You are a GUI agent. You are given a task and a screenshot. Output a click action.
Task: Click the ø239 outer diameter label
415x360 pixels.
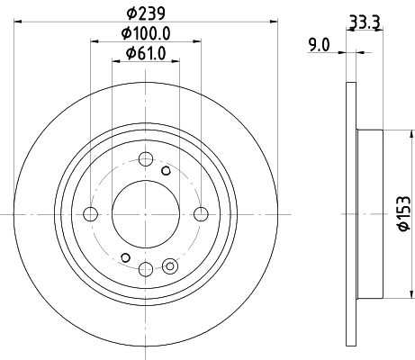tap(144, 14)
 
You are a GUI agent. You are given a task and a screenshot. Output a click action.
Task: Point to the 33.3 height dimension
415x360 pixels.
tap(363, 19)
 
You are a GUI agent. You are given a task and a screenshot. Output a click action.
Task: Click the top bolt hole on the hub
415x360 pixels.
tap(145, 160)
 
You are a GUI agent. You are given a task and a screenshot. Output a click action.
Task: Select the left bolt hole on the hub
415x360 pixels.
tap(90, 214)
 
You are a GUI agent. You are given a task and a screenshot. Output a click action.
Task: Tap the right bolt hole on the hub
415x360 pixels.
tap(200, 214)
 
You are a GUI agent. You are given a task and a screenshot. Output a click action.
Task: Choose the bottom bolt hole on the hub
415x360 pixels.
tap(145, 268)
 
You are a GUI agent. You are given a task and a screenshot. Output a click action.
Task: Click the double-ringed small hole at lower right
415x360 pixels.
tap(171, 265)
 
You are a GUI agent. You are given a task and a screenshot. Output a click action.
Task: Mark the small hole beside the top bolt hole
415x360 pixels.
tap(165, 169)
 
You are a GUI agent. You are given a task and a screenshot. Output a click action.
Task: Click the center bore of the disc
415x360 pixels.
tap(145, 214)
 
